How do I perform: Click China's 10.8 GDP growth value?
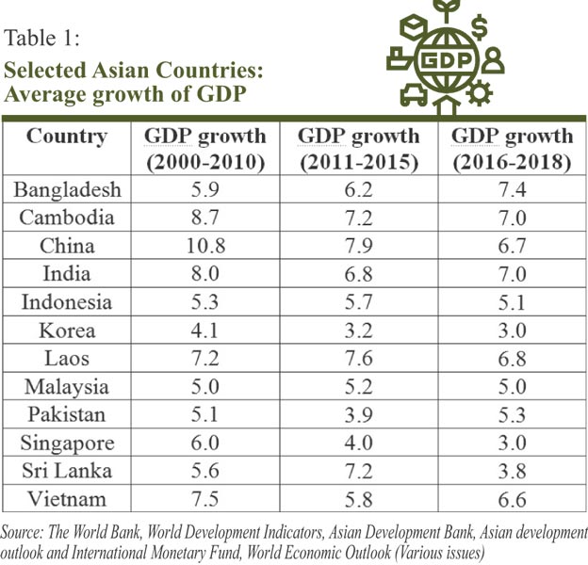tap(204, 246)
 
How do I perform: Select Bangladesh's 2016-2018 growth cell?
tap(512, 189)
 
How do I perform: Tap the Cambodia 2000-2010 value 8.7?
tap(204, 218)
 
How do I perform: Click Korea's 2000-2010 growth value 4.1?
tap(204, 331)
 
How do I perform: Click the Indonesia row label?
tap(67, 302)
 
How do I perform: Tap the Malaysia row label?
tap(67, 387)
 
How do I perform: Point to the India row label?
tap(67, 274)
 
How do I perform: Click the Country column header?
tap(67, 137)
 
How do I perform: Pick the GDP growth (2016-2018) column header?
tap(512, 149)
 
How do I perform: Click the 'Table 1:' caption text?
tap(46, 40)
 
